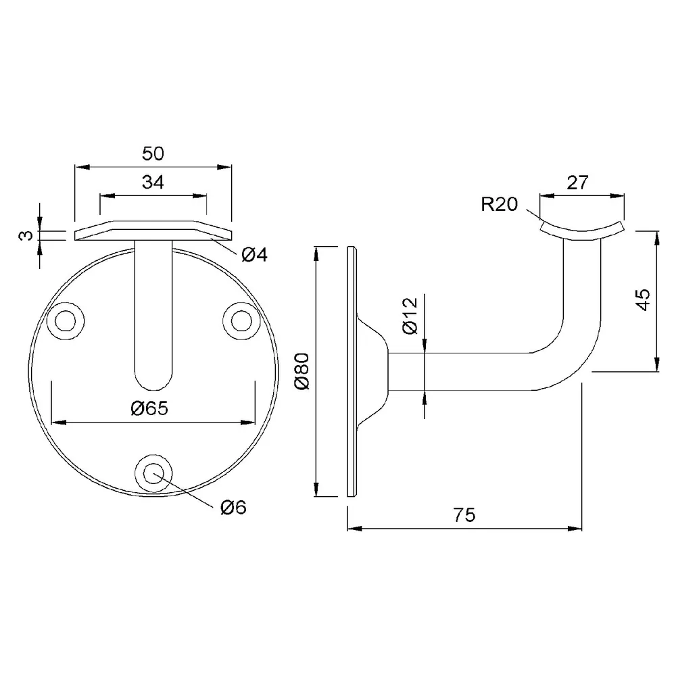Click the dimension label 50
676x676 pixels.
point(153,154)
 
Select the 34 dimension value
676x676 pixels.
point(153,183)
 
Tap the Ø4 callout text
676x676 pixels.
point(254,255)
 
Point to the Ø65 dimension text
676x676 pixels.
point(149,408)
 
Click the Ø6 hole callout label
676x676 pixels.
point(233,508)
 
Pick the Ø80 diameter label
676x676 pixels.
point(302,371)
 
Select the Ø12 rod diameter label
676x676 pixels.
point(410,316)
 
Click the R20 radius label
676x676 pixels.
point(500,204)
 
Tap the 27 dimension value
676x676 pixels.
point(578,183)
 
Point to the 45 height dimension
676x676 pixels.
point(643,300)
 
